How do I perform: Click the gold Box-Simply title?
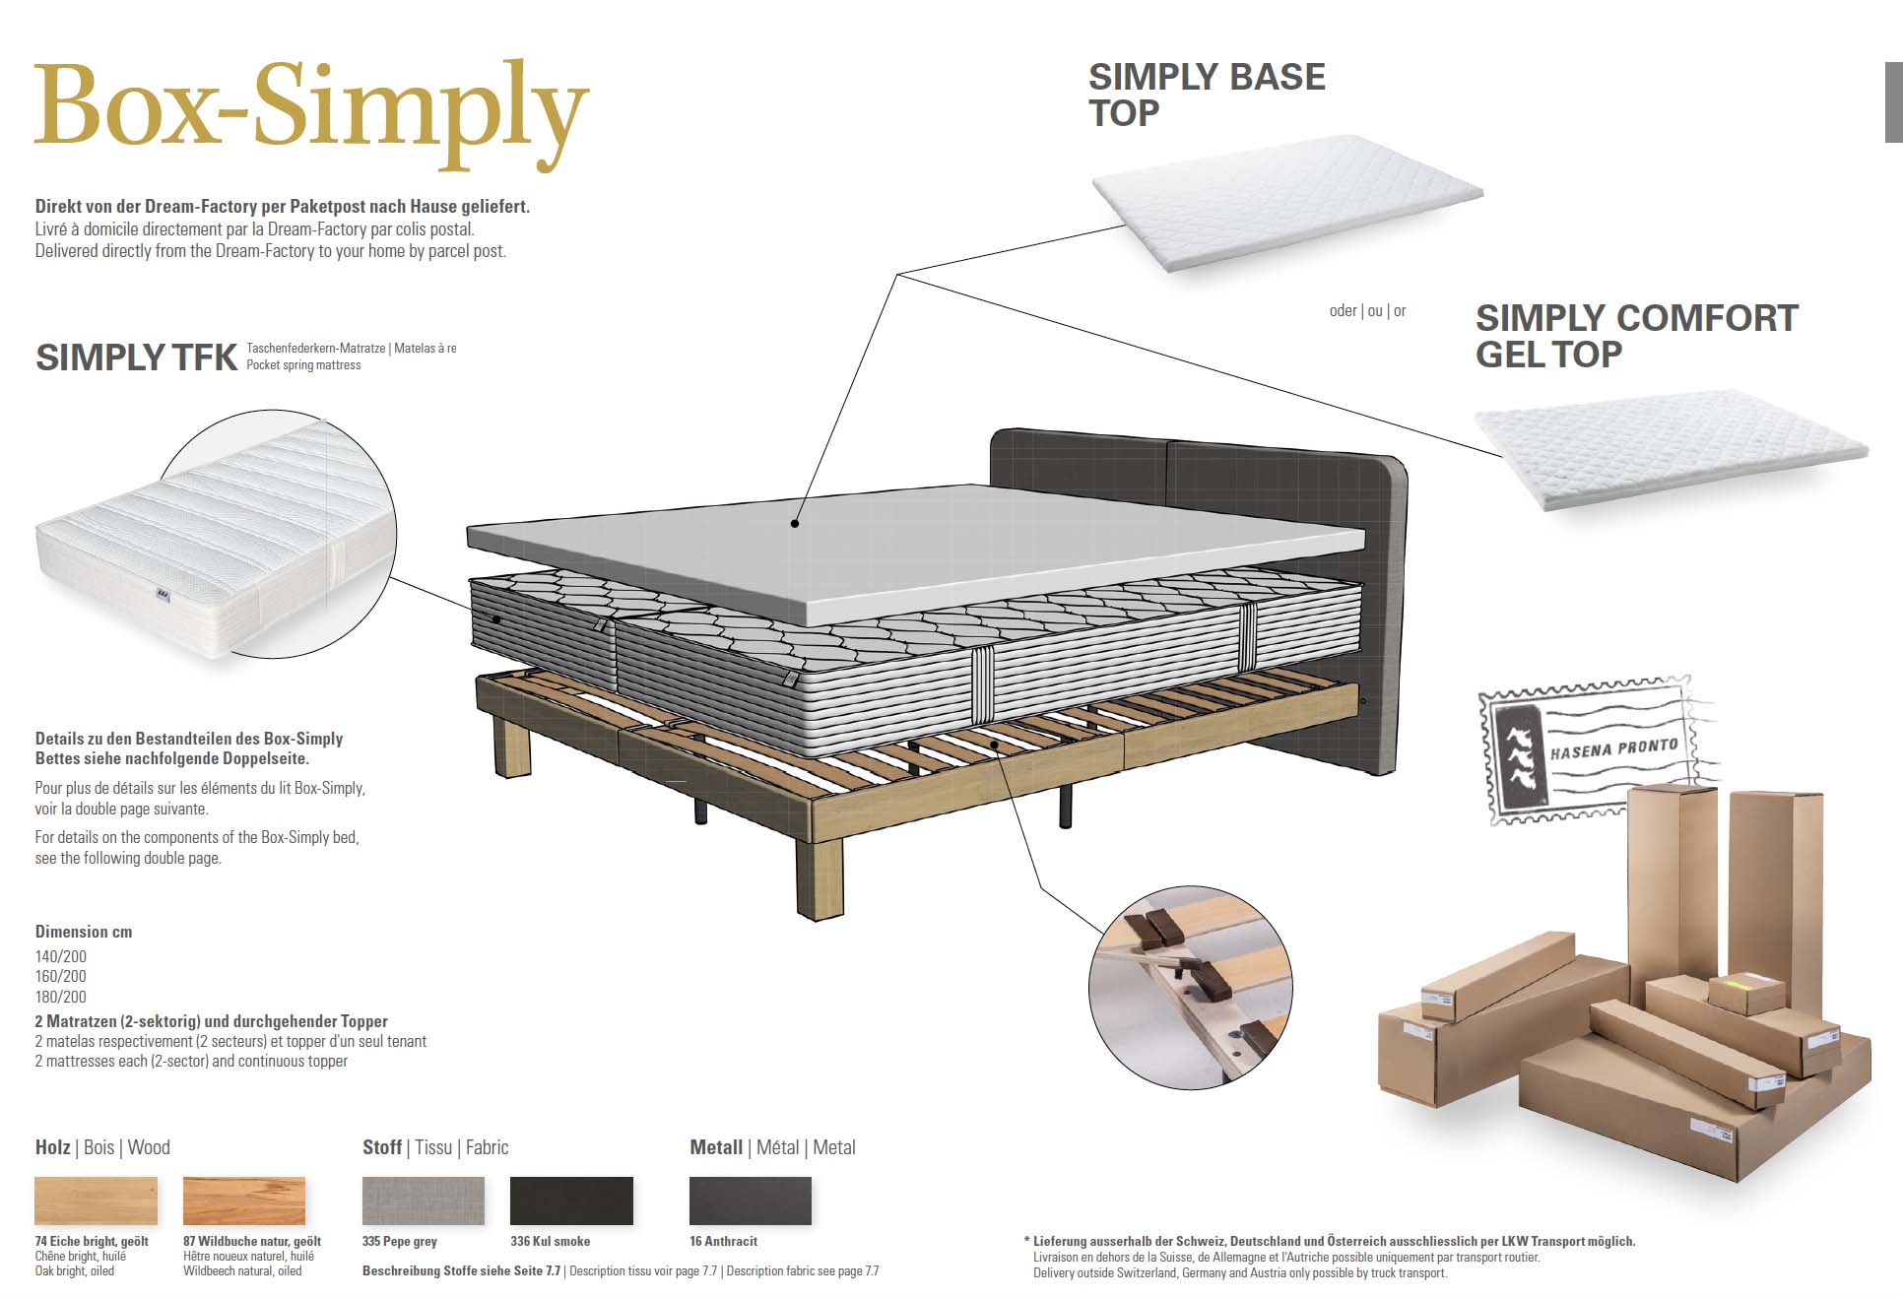click(310, 108)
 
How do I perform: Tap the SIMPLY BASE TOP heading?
click(1206, 95)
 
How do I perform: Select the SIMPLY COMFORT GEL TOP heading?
click(1635, 336)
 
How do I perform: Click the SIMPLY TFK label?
click(136, 357)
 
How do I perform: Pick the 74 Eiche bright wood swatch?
click(96, 1201)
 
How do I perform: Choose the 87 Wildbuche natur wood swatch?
click(244, 1201)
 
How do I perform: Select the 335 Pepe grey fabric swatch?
click(424, 1201)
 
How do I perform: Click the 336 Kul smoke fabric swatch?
click(571, 1201)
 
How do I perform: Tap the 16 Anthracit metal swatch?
click(751, 1201)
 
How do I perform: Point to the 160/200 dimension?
click(61, 976)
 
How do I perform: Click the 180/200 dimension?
click(61, 997)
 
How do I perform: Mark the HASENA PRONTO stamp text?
click(1613, 748)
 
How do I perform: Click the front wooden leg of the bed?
click(819, 876)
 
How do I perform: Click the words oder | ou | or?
click(1367, 311)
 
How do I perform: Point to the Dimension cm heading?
click(84, 932)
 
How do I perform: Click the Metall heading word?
click(716, 1147)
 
